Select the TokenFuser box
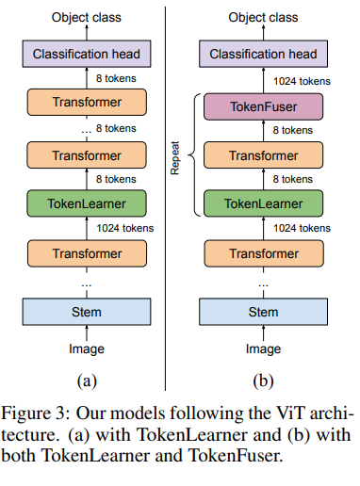263,105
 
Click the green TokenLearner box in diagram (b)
263,202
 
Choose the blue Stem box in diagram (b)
263,311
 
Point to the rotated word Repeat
174,155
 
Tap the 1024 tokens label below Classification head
302,81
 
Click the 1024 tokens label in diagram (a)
125,228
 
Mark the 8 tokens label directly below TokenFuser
294,130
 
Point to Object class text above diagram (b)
263,16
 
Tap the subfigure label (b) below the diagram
263,380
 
